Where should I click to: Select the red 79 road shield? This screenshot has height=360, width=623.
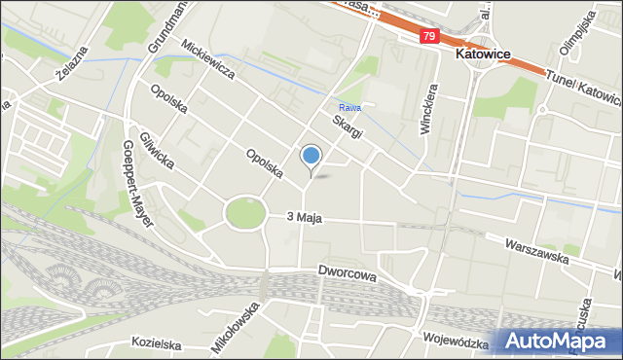point(429,36)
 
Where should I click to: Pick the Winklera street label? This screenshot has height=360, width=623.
point(426,109)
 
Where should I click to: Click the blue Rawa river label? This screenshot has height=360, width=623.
point(349,108)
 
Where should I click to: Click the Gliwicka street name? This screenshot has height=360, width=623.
point(157,150)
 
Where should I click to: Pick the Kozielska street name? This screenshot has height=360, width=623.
point(158,343)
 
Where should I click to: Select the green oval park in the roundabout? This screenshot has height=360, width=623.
point(244,213)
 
